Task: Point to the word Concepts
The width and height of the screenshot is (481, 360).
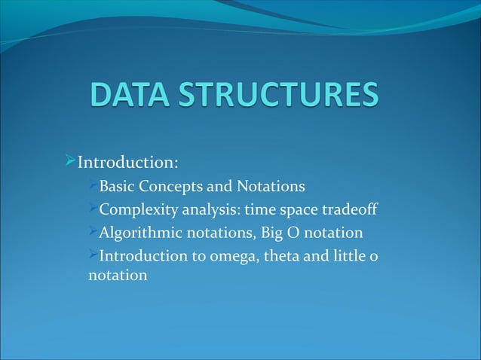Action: pos(173,185)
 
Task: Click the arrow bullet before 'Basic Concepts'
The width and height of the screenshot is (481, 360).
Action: pos(93,185)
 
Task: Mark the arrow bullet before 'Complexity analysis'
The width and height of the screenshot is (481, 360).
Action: pos(93,208)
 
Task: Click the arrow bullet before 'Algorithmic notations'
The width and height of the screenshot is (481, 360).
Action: pos(93,231)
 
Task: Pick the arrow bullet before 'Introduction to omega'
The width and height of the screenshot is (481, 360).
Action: pos(93,255)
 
